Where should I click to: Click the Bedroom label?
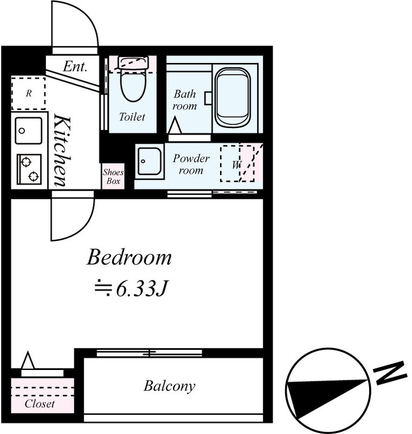(129, 258)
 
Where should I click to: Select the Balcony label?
(170, 386)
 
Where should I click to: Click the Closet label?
(40, 404)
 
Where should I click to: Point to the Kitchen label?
(62, 150)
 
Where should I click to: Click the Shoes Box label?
(113, 177)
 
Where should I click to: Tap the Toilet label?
(132, 117)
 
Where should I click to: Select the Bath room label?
(185, 100)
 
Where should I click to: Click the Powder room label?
(191, 164)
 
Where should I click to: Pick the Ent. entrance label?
(75, 66)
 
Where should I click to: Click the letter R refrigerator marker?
(29, 93)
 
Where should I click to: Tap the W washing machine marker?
(237, 164)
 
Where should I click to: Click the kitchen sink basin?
(29, 131)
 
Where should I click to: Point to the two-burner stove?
(29, 169)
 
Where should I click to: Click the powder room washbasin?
(150, 161)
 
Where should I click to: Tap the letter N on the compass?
(390, 373)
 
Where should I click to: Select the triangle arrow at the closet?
(28, 360)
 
